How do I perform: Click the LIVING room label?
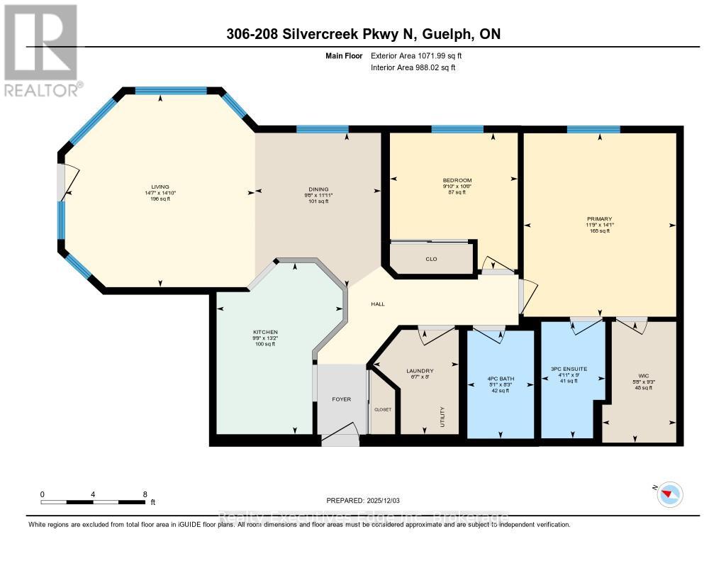point(155,187)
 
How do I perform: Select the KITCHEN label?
point(265,332)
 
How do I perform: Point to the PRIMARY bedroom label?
point(599,219)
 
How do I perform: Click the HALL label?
point(378,304)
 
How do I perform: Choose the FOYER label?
point(342,399)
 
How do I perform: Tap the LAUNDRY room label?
point(420,371)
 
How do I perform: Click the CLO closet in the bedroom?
point(431,259)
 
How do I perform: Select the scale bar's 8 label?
point(145,494)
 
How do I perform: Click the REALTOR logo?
point(41,50)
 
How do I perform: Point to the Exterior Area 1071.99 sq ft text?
point(421,55)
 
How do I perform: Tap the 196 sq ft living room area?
point(155,199)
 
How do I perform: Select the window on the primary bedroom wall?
point(593,129)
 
